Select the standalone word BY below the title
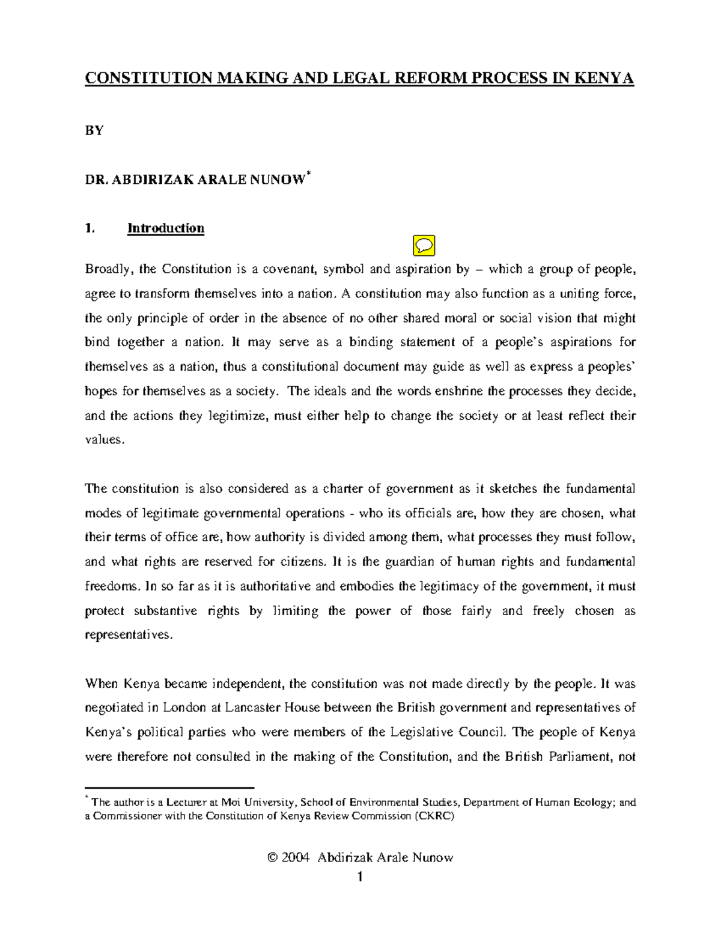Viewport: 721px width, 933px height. tap(94, 130)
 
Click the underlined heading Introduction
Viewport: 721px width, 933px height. tap(166, 228)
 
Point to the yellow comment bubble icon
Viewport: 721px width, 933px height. tap(424, 245)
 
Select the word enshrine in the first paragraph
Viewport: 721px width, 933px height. tap(459, 391)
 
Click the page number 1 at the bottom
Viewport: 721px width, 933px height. tap(360, 877)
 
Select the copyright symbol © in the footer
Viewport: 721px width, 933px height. tap(272, 857)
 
